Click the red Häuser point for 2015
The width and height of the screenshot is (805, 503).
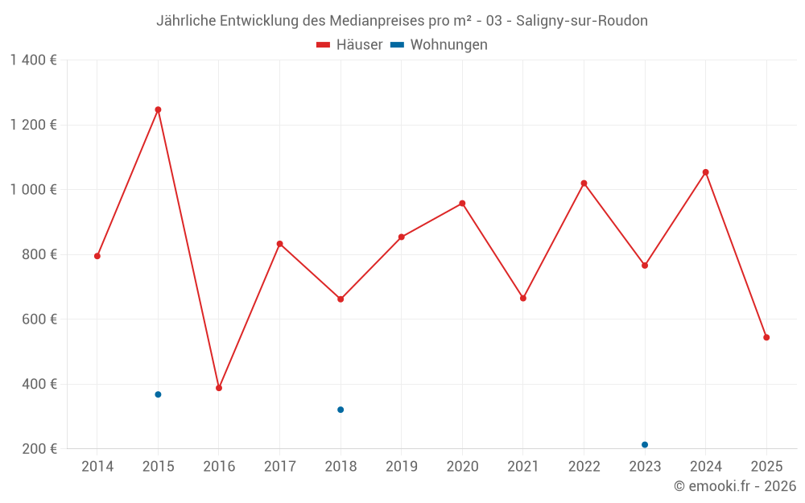coord(158,109)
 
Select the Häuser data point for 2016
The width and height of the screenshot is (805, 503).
coord(219,388)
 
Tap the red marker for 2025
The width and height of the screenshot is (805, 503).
coord(766,337)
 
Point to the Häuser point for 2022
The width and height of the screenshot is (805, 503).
coord(584,183)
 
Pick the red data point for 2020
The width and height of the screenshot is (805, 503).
coord(462,204)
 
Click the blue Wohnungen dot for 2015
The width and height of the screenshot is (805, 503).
coord(158,394)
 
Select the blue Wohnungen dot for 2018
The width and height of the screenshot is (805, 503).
coord(341,410)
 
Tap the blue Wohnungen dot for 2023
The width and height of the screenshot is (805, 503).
coord(645,444)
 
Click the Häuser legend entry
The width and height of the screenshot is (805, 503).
coord(349,45)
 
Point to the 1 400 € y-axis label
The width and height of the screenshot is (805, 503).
coord(33,60)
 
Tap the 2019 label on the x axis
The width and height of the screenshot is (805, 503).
coord(401,467)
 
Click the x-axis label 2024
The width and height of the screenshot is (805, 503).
coord(705,467)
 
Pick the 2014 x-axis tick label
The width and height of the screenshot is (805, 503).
coord(97,467)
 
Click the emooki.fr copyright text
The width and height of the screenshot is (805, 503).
coord(735,486)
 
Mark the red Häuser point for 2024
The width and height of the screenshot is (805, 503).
coord(705,172)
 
